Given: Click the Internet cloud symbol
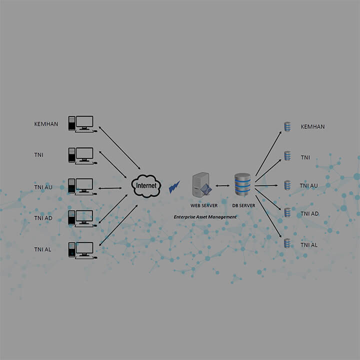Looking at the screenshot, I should (146, 185).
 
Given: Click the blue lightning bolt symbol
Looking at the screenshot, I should (174, 187).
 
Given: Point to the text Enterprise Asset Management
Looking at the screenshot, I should (205, 217).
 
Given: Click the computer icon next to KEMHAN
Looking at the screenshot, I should (81, 123).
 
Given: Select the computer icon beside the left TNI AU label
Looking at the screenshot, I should (81, 186).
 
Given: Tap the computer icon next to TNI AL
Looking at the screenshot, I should (81, 249).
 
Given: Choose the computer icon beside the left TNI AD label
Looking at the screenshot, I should (81, 218).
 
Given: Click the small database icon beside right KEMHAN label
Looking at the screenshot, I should (287, 126).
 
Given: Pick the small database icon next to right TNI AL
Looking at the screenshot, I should (287, 244).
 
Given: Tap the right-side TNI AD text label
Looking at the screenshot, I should (309, 214).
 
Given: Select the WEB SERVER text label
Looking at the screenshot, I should (204, 205).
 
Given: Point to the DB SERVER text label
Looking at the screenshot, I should (243, 205).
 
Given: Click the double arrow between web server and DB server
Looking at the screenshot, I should (223, 186).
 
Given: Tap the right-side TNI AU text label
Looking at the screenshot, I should (308, 185).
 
